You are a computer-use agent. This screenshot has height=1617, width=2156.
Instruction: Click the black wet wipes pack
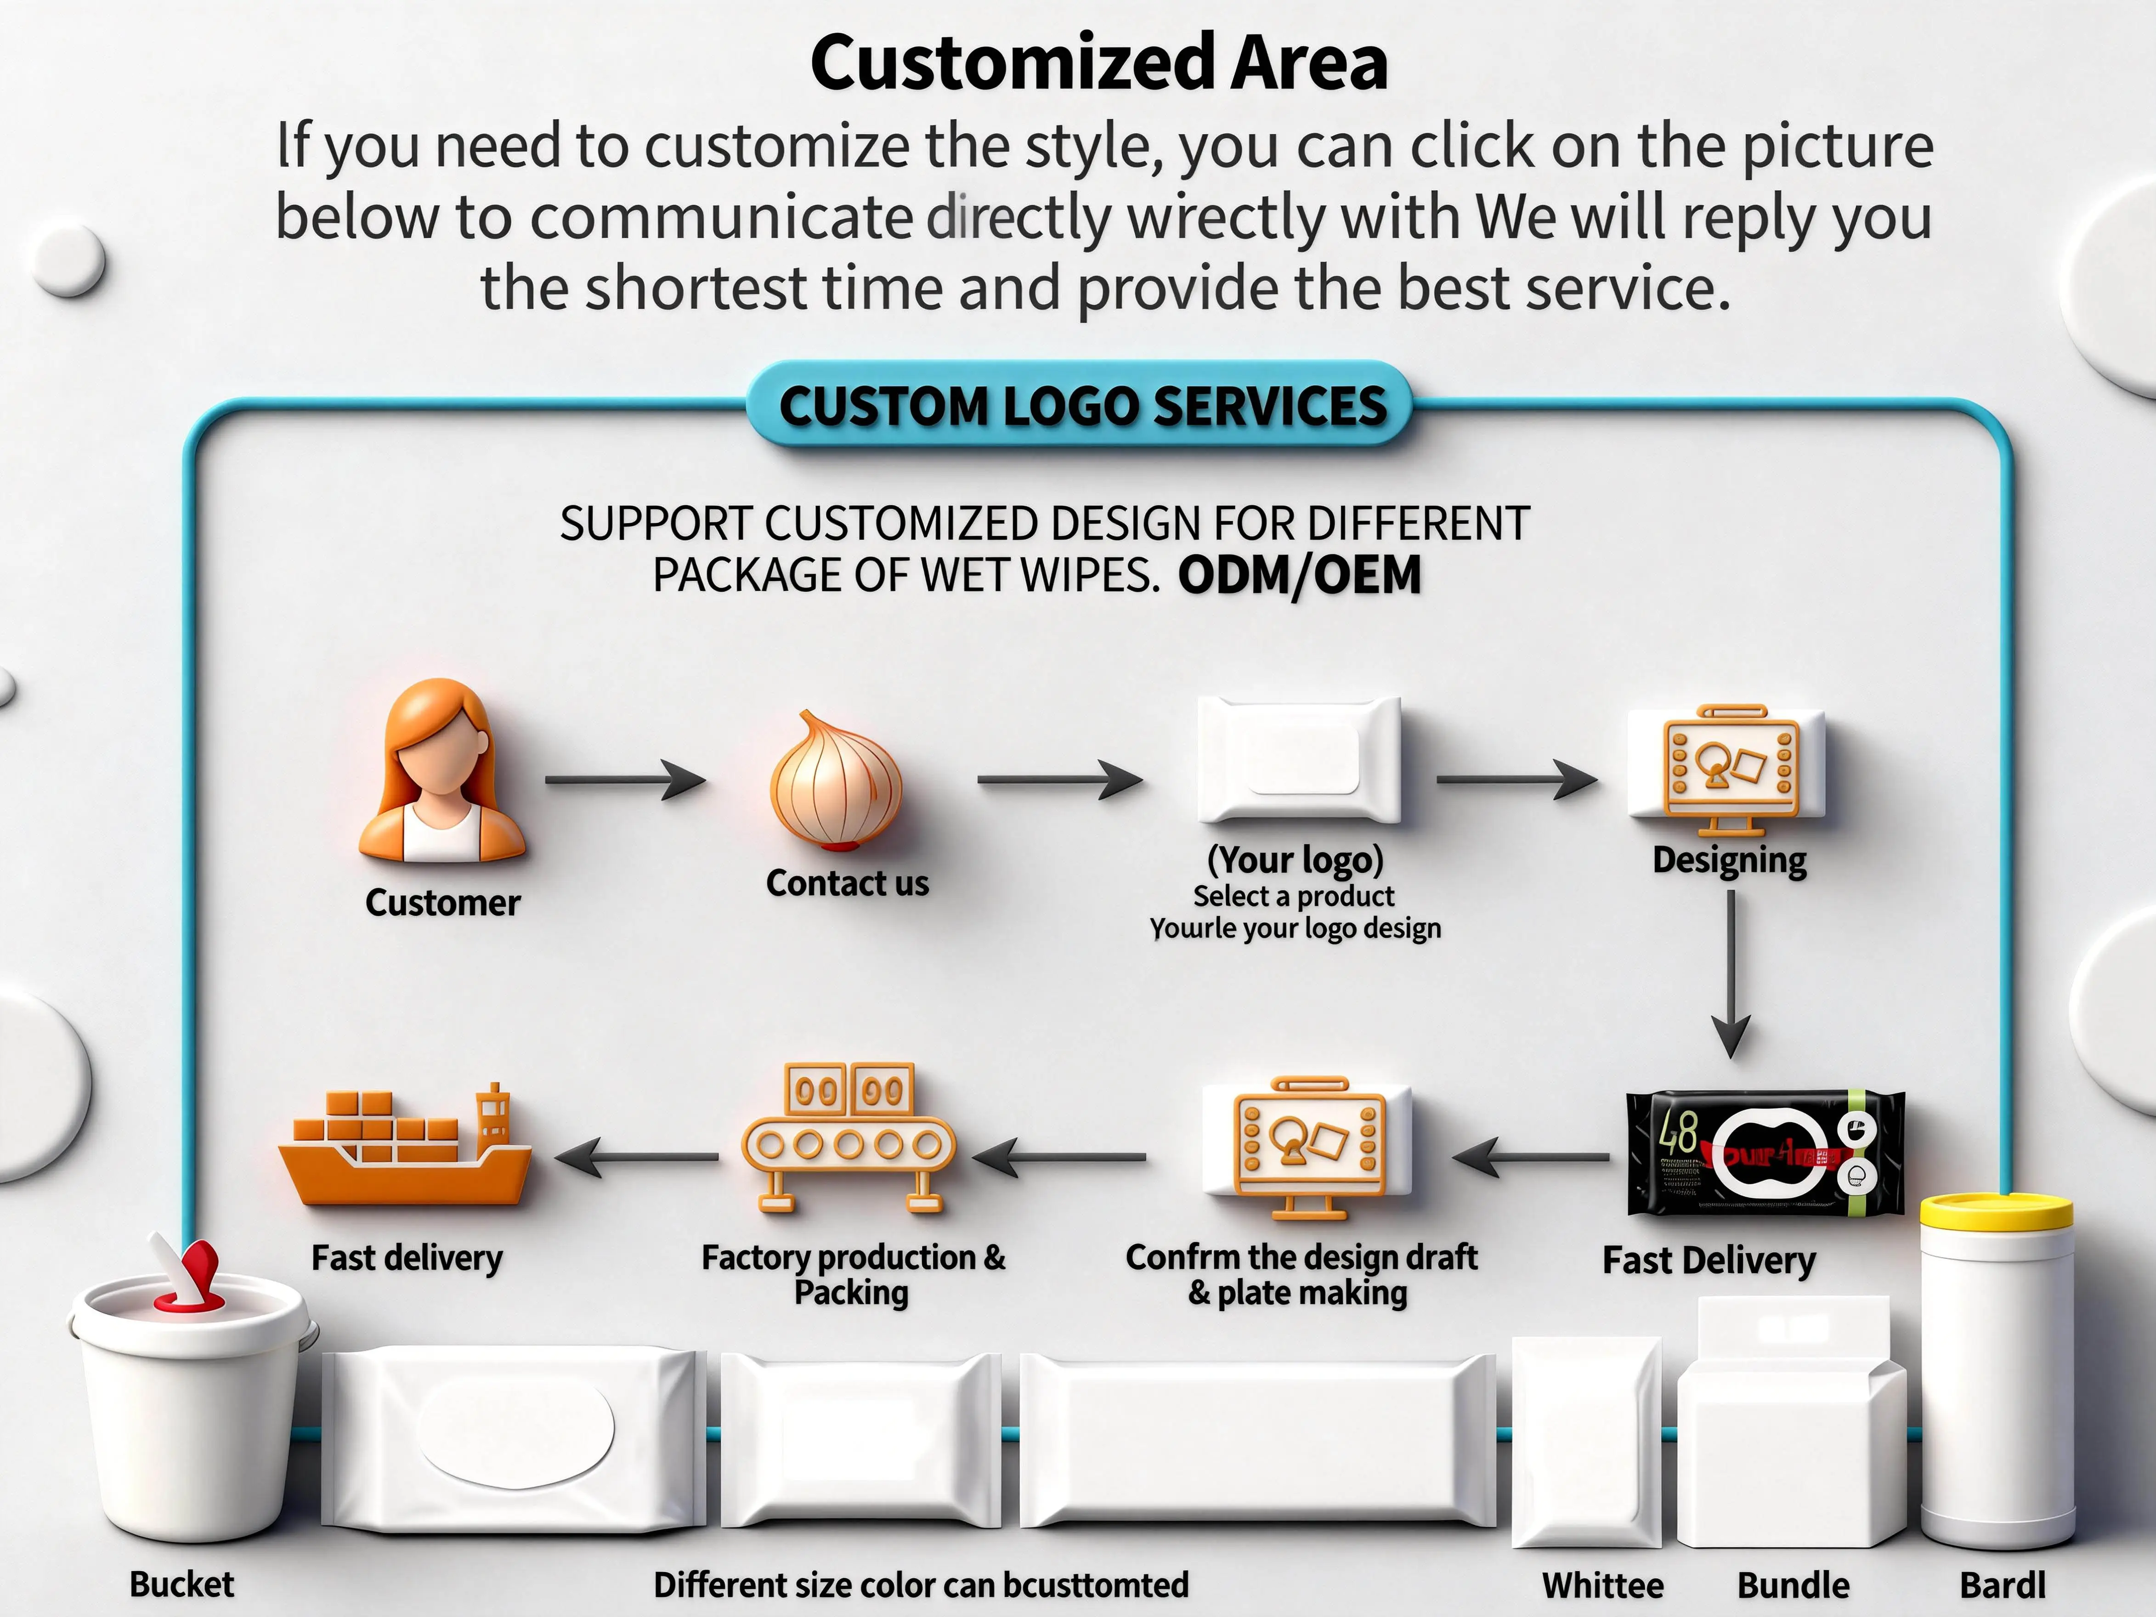1764,1153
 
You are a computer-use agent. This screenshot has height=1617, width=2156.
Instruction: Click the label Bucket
182,1584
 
